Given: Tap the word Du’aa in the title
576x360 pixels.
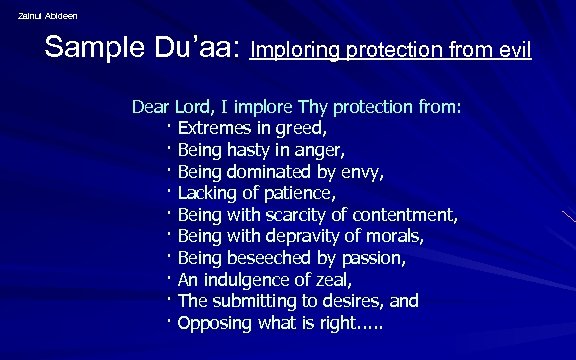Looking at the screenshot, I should coord(201,47).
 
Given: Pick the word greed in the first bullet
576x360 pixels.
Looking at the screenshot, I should coord(302,129).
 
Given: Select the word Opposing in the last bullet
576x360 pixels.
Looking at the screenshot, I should coord(215,324).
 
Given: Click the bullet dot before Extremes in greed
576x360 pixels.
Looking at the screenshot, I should coord(170,127).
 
